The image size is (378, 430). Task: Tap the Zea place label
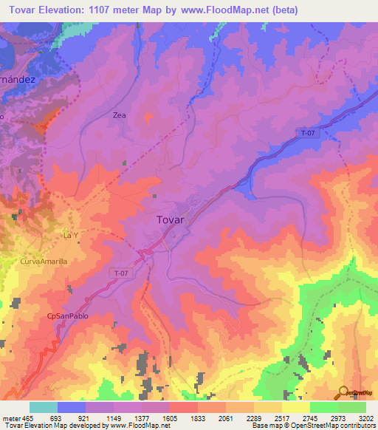click(120, 115)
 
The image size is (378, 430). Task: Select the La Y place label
click(70, 236)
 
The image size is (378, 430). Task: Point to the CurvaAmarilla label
click(44, 262)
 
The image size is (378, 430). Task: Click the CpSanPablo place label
click(63, 317)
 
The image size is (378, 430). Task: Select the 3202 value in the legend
click(366, 418)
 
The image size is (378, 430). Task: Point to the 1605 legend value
click(170, 418)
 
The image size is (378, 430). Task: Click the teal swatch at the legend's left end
click(43, 407)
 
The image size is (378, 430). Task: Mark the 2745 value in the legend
click(311, 418)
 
